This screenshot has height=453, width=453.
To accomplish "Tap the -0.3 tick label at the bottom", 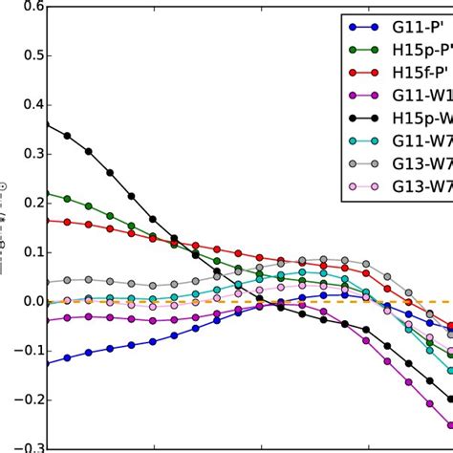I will tap(19, 445).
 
